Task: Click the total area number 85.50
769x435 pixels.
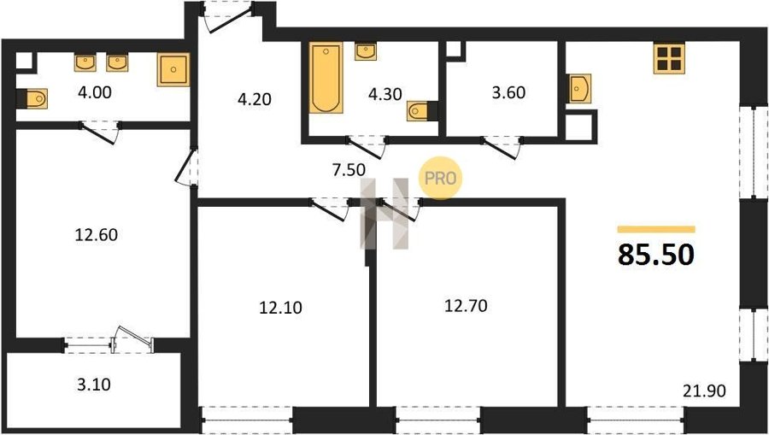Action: click(655, 255)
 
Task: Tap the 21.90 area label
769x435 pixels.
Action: click(704, 391)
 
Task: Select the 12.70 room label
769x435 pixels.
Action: click(466, 306)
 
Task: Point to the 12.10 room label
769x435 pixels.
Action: click(280, 308)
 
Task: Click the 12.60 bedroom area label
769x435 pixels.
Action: click(96, 235)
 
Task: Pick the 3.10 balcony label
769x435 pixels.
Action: click(94, 385)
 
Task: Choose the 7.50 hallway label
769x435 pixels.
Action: click(349, 170)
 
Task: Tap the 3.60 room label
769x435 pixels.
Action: click(508, 92)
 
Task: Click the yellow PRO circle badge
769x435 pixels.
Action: click(440, 178)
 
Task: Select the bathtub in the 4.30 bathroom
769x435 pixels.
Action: click(326, 78)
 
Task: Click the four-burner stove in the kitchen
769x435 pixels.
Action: click(669, 58)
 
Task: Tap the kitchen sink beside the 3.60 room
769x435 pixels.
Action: click(579, 88)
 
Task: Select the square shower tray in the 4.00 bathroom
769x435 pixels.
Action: click(173, 69)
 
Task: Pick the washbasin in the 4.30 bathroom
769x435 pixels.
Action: click(366, 51)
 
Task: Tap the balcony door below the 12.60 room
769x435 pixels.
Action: click(132, 339)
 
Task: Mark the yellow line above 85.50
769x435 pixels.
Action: click(656, 229)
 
